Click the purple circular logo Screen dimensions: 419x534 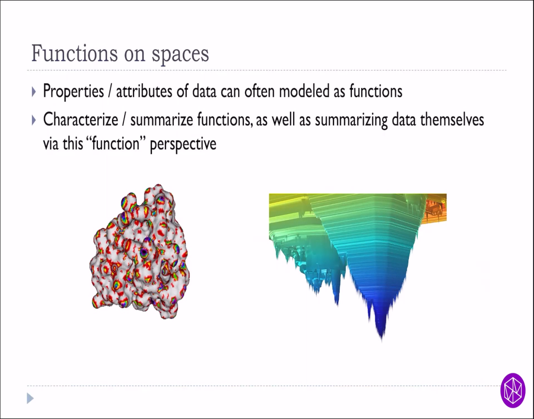(x=513, y=390)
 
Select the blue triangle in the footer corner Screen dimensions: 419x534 (x=30, y=399)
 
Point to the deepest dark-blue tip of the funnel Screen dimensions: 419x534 (x=381, y=335)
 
